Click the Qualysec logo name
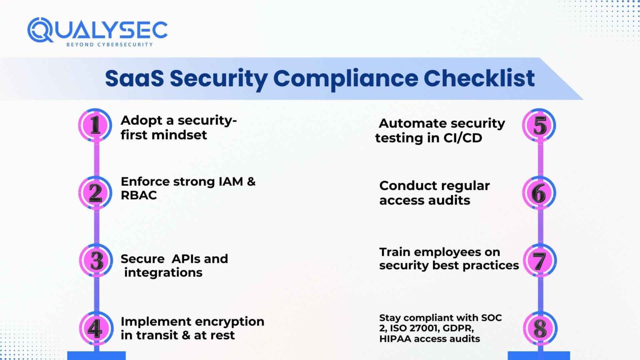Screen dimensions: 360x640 [x=97, y=30]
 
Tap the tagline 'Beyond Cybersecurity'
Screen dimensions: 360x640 [x=110, y=45]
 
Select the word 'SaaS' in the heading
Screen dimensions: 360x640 [x=134, y=78]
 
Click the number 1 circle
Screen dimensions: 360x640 [x=95, y=125]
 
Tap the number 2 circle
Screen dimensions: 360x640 [x=95, y=192]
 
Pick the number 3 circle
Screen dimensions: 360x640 [x=96, y=260]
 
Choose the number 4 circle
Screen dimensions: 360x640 [x=95, y=328]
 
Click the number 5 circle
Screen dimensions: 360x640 [x=539, y=125]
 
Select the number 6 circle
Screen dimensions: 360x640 [x=539, y=193]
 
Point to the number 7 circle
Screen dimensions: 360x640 [x=540, y=261]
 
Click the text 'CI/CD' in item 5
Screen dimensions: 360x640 [x=462, y=138]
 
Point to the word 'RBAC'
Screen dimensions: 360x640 [x=139, y=195]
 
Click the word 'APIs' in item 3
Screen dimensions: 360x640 [x=186, y=259]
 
